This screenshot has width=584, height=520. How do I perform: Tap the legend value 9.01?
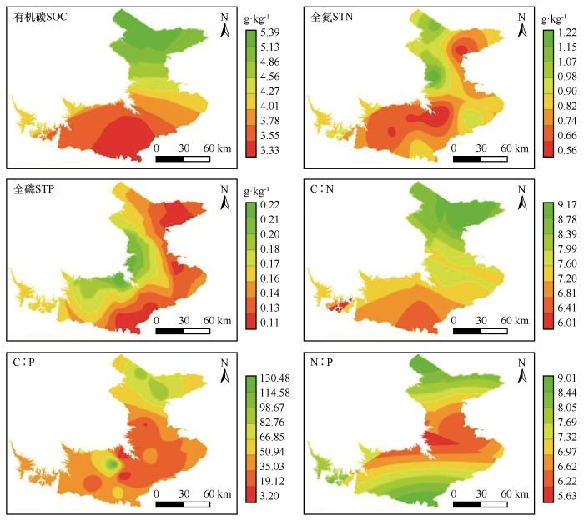[x=566, y=379]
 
